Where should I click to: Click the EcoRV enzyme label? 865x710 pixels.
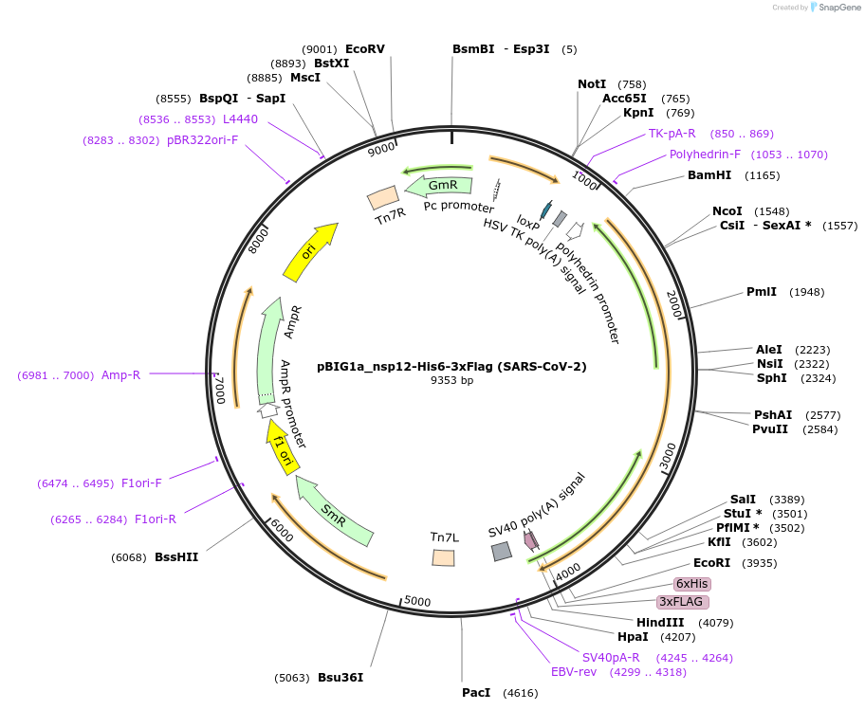365,49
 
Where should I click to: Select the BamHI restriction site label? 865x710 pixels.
709,175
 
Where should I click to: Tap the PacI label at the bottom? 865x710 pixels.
476,693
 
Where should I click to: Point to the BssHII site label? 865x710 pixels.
176,557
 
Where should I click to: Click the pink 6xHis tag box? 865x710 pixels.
691,583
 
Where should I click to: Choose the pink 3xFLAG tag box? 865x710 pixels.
683,602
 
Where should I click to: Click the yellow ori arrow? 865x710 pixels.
311,251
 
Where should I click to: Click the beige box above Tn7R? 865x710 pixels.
383,197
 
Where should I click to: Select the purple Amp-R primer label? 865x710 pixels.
120,375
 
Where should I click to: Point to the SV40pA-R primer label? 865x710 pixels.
610,658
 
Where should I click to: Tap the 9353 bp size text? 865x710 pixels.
451,381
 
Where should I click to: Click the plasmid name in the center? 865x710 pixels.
451,366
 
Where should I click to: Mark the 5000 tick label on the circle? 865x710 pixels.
416,601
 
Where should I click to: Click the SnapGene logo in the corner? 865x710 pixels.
833,8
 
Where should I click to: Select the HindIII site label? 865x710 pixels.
660,623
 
